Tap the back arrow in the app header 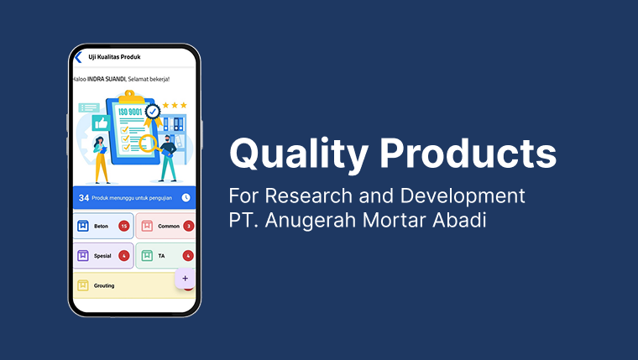tap(78, 57)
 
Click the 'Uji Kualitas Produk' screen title tap(114, 57)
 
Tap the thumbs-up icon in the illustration tap(102, 123)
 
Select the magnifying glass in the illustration tap(149, 143)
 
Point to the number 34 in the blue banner tap(84, 198)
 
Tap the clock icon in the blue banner tap(186, 198)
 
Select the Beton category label tap(101, 226)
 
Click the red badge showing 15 tap(123, 226)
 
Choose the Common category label tap(168, 226)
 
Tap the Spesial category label tap(102, 255)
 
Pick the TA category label tap(161, 255)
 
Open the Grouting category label tap(104, 285)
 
